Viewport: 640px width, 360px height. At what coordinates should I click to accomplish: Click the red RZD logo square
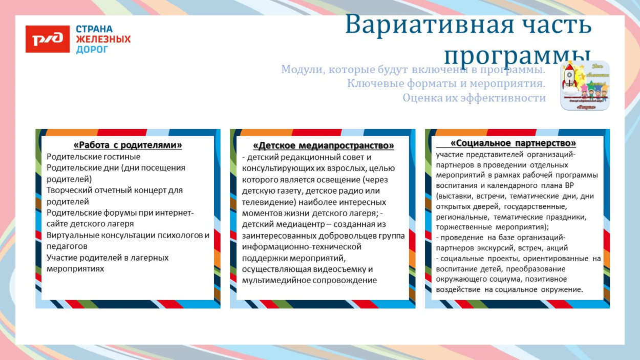coord(48,39)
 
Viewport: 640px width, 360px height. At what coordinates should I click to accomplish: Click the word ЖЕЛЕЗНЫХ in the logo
coord(103,39)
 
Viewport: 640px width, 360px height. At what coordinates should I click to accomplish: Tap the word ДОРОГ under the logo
coord(92,50)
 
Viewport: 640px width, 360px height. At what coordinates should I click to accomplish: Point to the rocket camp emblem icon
coord(585,86)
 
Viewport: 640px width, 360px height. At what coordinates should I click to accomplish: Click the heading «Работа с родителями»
coord(127,145)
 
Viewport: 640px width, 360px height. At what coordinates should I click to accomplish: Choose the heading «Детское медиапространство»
coord(324,145)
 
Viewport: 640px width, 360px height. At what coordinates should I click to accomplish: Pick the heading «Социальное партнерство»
coord(513,143)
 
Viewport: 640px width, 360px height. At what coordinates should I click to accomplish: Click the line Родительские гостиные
coord(93,157)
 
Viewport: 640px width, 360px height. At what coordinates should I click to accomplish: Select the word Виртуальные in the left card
coord(71,236)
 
